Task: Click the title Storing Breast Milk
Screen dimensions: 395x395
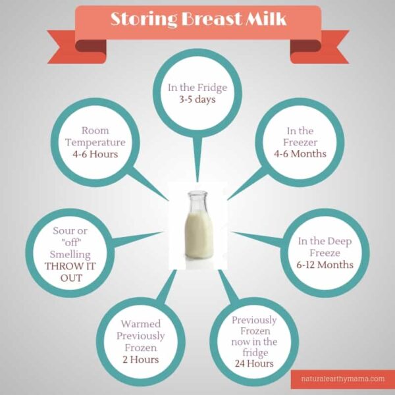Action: tap(197, 18)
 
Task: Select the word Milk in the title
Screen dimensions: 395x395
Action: tap(264, 18)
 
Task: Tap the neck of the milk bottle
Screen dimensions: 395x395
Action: tap(197, 201)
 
